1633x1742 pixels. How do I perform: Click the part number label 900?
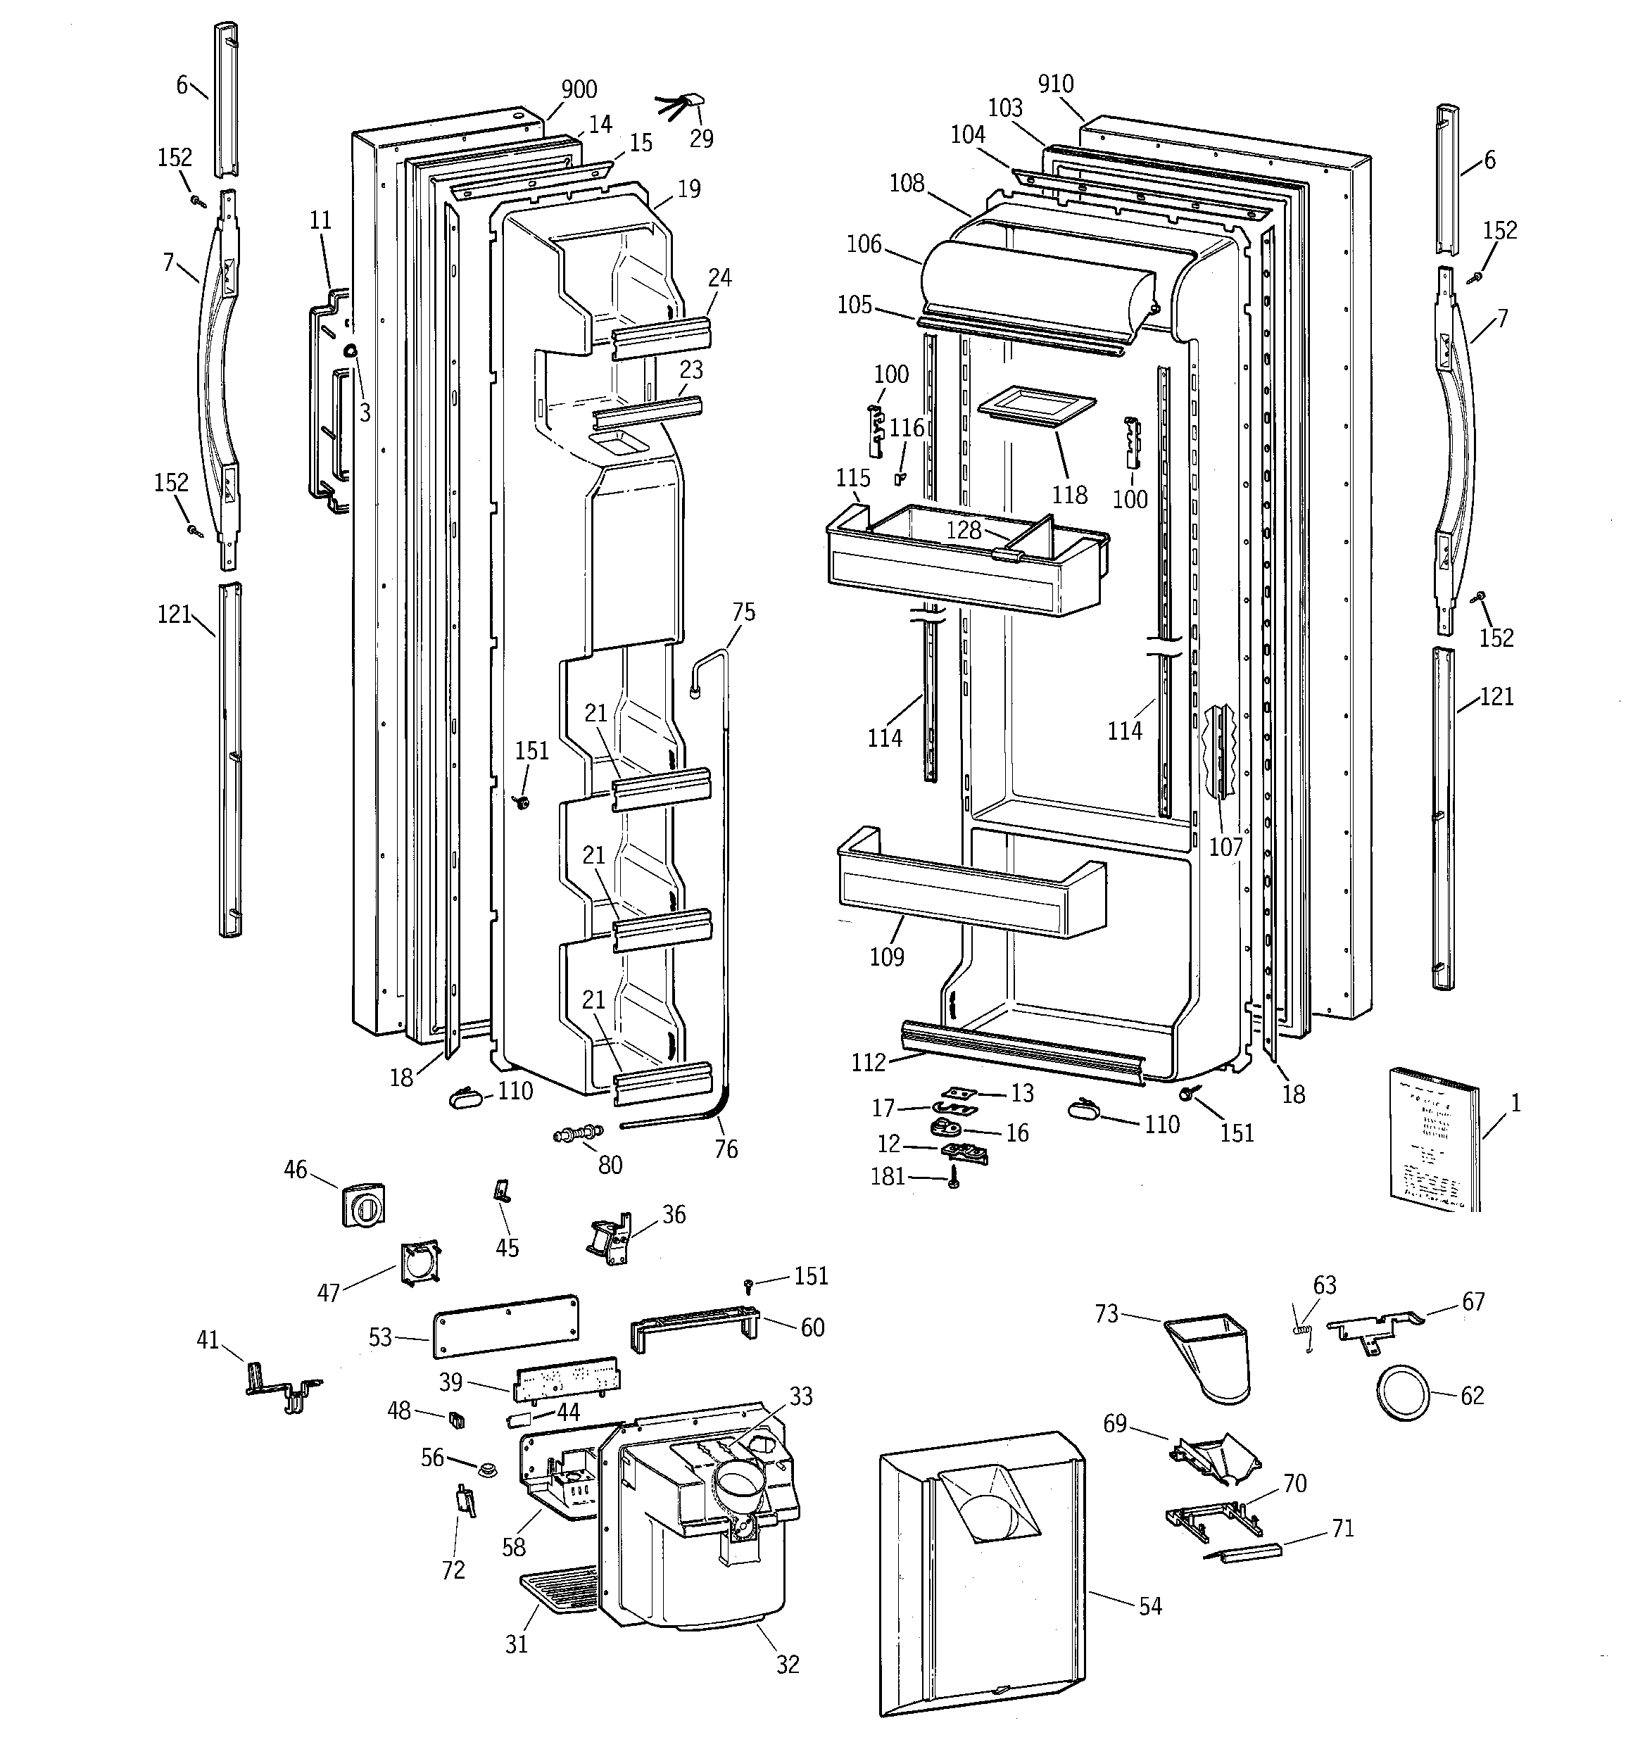pos(579,89)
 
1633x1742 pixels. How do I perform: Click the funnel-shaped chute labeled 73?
pos(1210,1356)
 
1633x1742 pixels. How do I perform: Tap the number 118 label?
pos(1069,495)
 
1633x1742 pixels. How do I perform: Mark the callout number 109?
pos(886,957)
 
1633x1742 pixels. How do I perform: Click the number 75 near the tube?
pos(743,612)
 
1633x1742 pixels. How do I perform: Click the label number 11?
pos(321,220)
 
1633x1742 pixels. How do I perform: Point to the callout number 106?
pos(864,244)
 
